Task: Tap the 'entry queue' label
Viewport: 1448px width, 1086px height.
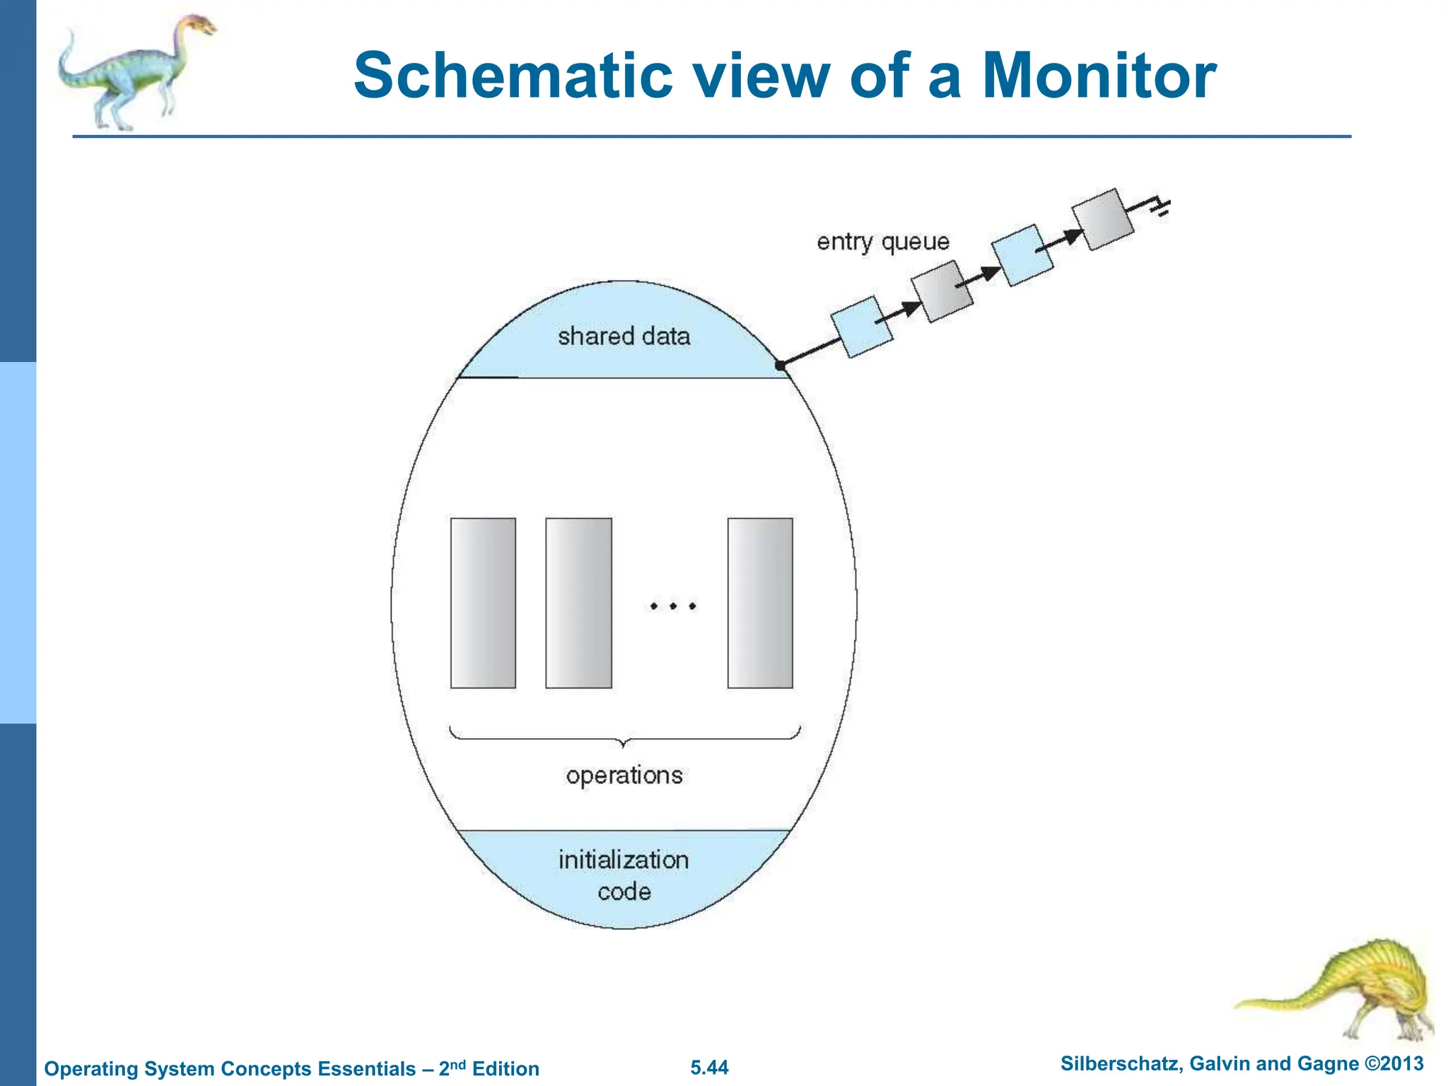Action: click(882, 242)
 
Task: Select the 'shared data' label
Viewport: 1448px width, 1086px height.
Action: click(624, 336)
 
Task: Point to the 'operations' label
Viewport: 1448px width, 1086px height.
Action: click(624, 776)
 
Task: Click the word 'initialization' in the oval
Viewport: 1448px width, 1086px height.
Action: click(624, 860)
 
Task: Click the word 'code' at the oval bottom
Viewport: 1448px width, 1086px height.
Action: click(624, 892)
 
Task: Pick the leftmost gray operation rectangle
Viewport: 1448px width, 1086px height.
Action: click(483, 603)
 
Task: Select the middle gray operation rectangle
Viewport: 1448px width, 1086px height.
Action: click(578, 603)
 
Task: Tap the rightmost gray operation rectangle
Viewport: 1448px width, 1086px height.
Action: click(760, 603)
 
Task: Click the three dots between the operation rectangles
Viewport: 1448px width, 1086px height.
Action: click(672, 606)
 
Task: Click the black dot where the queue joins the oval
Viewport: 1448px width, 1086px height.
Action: click(780, 366)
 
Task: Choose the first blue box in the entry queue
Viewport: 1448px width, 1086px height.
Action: click(861, 327)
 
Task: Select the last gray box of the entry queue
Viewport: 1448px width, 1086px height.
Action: click(1102, 219)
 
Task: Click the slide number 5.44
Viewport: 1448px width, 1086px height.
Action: click(709, 1068)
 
